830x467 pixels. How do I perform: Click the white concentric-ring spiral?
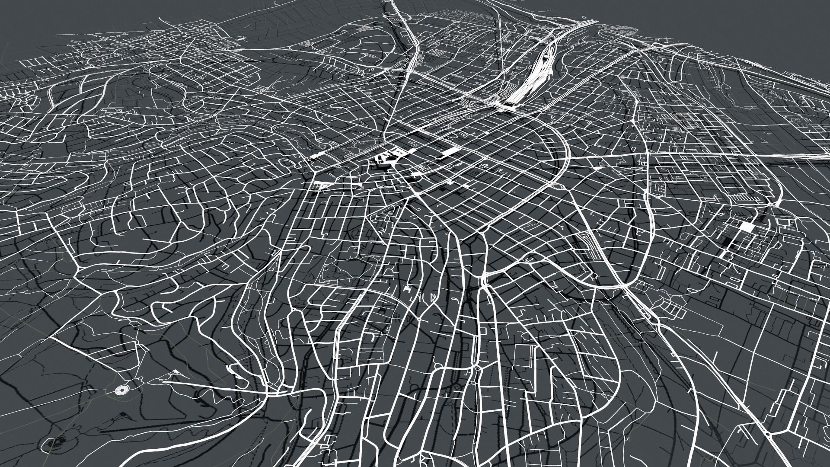pyautogui.click(x=121, y=390)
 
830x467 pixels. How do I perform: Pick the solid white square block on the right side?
pyautogui.click(x=746, y=227)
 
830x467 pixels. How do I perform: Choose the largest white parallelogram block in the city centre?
pyautogui.click(x=450, y=151)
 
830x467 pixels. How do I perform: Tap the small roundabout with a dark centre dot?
pyautogui.click(x=477, y=369)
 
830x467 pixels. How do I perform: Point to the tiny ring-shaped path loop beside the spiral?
pyautogui.click(x=141, y=379)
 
